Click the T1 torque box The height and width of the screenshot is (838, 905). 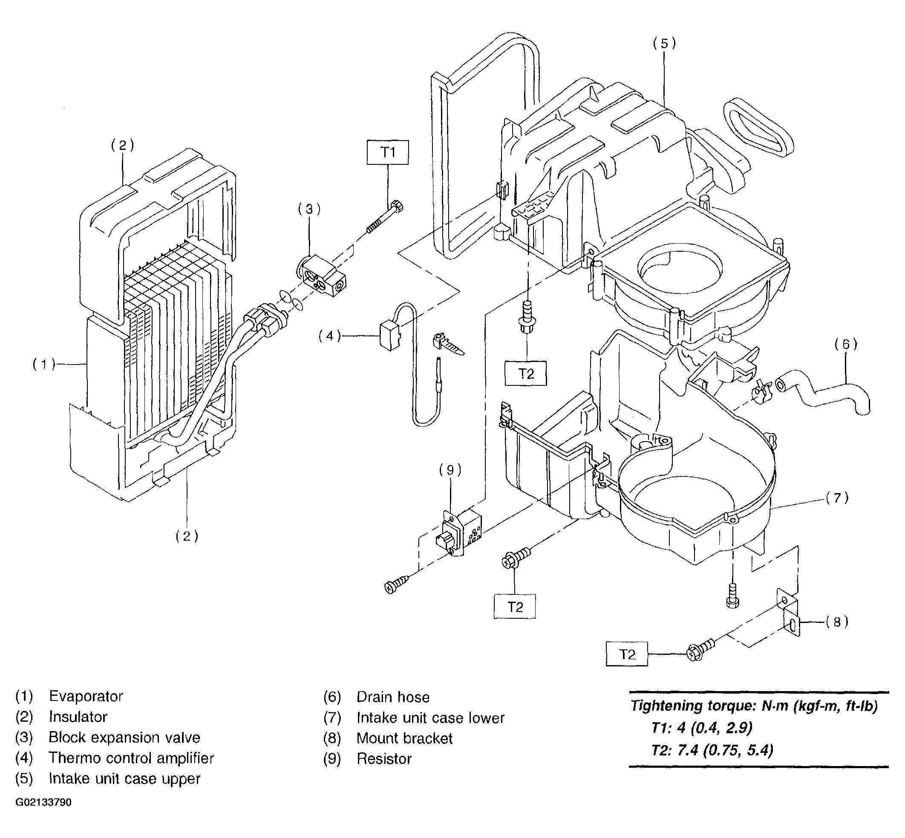387,152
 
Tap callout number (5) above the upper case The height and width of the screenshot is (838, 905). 664,43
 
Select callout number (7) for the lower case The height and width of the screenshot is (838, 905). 837,498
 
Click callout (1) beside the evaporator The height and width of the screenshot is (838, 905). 43,364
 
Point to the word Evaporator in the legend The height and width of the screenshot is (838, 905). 86,696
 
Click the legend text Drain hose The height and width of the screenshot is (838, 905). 393,697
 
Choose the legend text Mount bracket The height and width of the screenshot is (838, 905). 405,738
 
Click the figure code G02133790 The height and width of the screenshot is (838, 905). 43,802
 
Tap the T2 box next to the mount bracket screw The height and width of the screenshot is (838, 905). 626,654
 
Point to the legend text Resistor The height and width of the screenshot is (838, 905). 384,759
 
